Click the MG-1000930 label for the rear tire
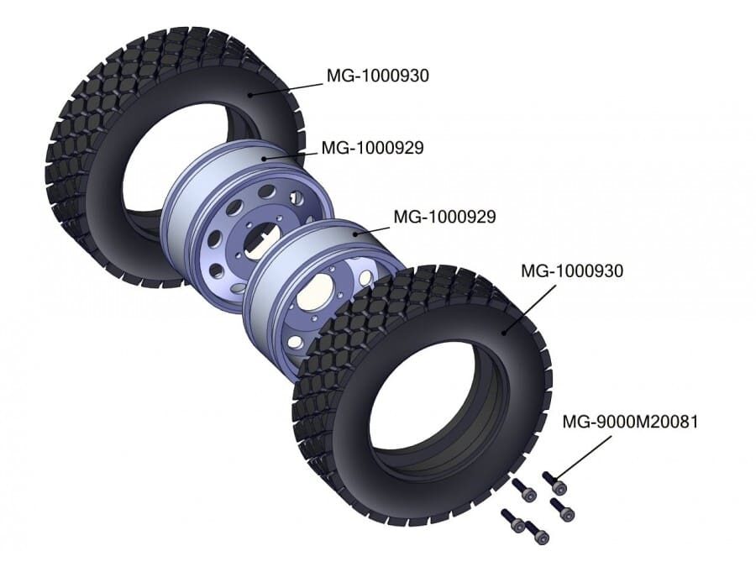click(x=377, y=76)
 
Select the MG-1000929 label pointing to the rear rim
click(x=372, y=148)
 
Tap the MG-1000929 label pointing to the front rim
click(x=444, y=217)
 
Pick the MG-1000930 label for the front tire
click(x=572, y=270)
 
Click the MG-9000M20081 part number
click(x=630, y=422)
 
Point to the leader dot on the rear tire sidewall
click(x=249, y=95)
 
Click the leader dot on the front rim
click(x=355, y=234)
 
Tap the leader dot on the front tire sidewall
click(x=504, y=332)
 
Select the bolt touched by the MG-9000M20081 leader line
click(x=554, y=483)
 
